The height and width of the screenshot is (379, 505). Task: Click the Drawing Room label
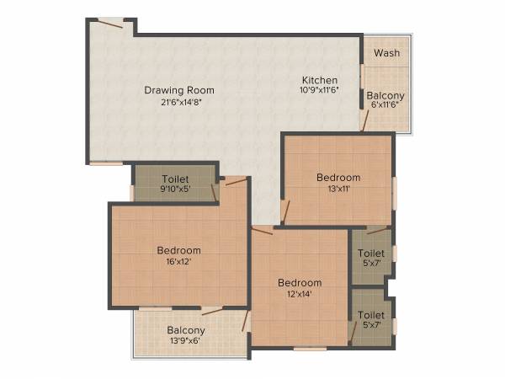click(x=178, y=90)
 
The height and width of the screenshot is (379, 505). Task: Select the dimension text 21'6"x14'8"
click(x=178, y=102)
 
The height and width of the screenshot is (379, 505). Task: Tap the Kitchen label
click(x=320, y=81)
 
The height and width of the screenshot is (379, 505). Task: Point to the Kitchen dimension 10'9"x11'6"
click(x=320, y=91)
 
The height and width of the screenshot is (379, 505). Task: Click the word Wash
click(x=387, y=53)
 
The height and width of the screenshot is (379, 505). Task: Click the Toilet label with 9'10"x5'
click(x=175, y=179)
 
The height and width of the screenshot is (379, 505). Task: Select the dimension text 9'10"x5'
click(x=175, y=189)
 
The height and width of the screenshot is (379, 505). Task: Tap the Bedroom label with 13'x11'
click(x=338, y=178)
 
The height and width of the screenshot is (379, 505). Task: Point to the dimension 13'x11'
click(x=338, y=189)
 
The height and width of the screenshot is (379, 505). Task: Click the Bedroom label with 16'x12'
click(x=179, y=250)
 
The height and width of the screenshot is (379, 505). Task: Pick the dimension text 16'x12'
click(x=179, y=262)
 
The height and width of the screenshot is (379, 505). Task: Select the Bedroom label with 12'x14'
click(x=300, y=283)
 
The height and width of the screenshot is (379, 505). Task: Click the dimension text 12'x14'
click(x=300, y=295)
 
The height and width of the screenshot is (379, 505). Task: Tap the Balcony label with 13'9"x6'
click(x=186, y=331)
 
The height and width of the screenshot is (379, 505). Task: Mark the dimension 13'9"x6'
click(x=186, y=342)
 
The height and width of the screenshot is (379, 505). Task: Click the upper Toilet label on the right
click(x=371, y=253)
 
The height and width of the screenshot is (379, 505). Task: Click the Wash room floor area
click(x=387, y=63)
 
